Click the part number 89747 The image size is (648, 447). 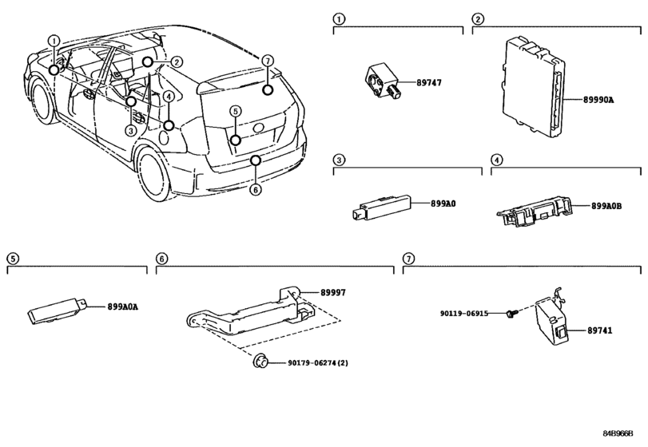click(428, 82)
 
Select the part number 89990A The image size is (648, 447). click(598, 100)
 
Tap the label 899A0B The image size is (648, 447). click(606, 206)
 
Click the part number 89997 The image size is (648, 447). click(333, 293)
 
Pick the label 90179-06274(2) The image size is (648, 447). click(318, 363)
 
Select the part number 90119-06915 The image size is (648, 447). click(463, 314)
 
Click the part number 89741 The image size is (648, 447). click(600, 330)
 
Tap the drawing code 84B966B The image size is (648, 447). click(618, 433)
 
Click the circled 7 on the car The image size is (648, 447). click(268, 61)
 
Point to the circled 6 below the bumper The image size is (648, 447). click(256, 190)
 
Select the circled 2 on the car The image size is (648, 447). click(176, 62)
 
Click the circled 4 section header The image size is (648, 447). click(496, 160)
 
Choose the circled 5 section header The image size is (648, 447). click(13, 259)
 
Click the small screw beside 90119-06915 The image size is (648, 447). click(509, 314)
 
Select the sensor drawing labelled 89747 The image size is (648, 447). click(383, 81)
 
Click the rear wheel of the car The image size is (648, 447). click(153, 172)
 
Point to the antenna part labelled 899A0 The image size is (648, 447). click(381, 204)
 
